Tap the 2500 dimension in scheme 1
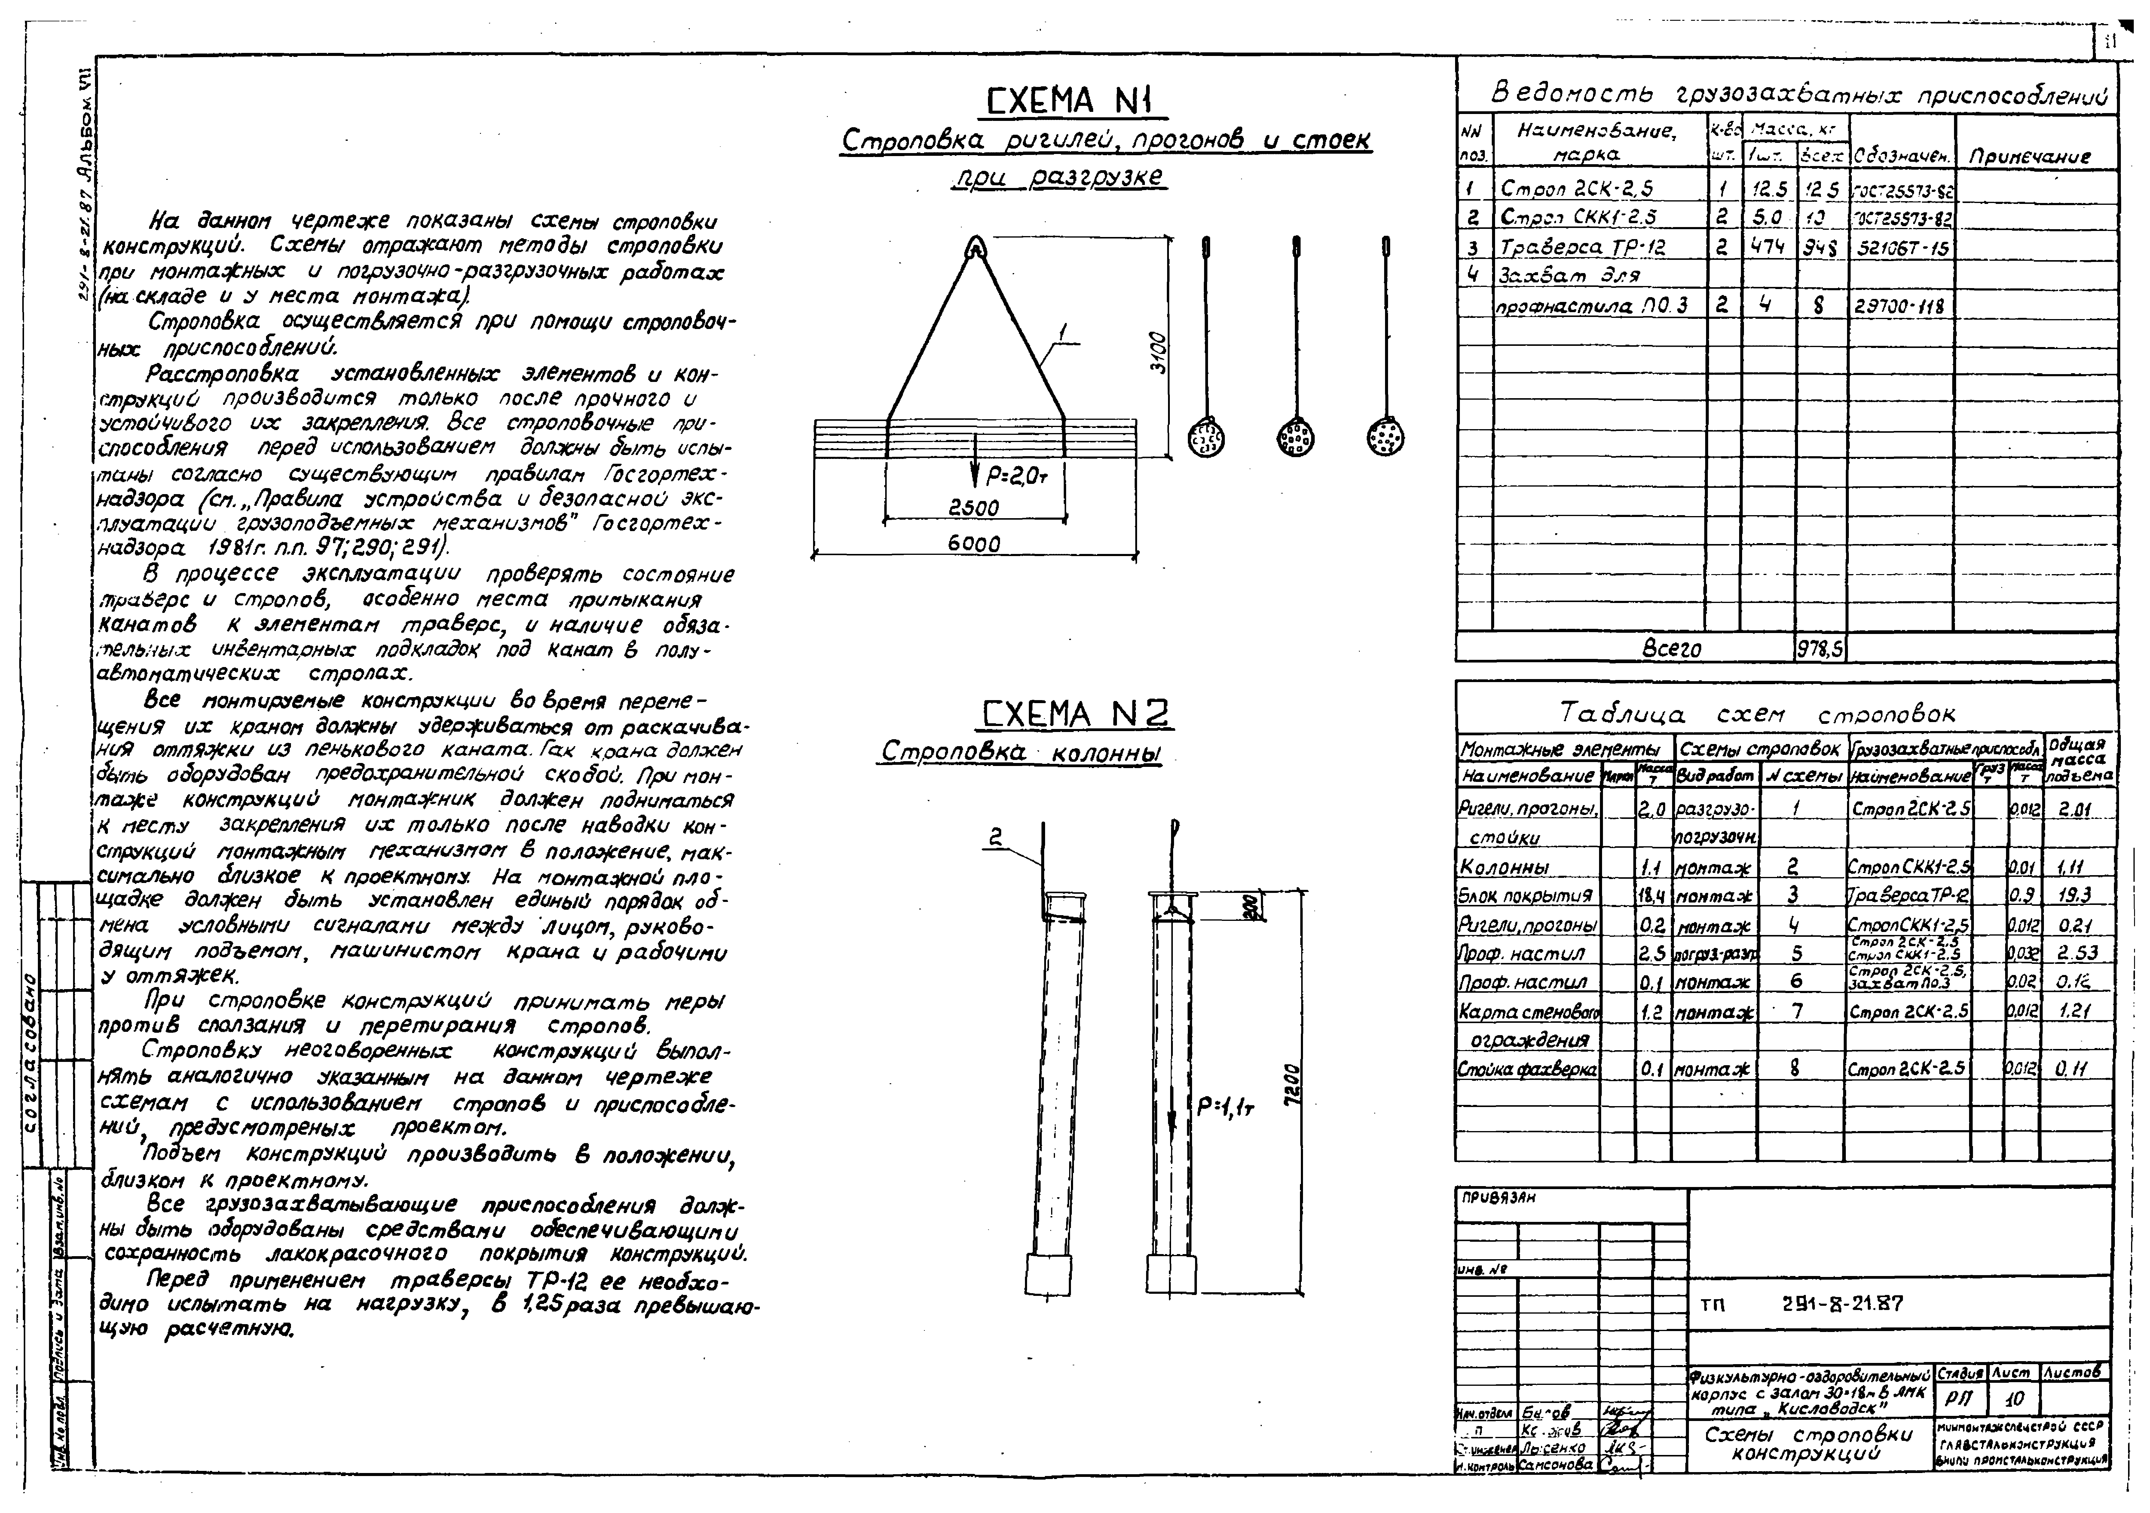[974, 508]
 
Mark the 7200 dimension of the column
[1292, 1087]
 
